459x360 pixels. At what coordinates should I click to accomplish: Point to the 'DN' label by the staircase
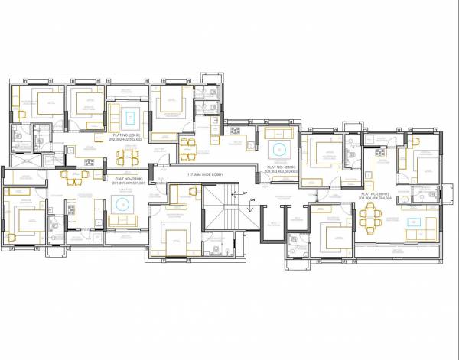point(245,205)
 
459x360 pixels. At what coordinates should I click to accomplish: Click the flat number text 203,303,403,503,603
point(281,172)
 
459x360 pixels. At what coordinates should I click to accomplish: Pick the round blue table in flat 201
point(121,204)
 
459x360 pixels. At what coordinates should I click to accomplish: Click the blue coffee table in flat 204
point(416,222)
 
